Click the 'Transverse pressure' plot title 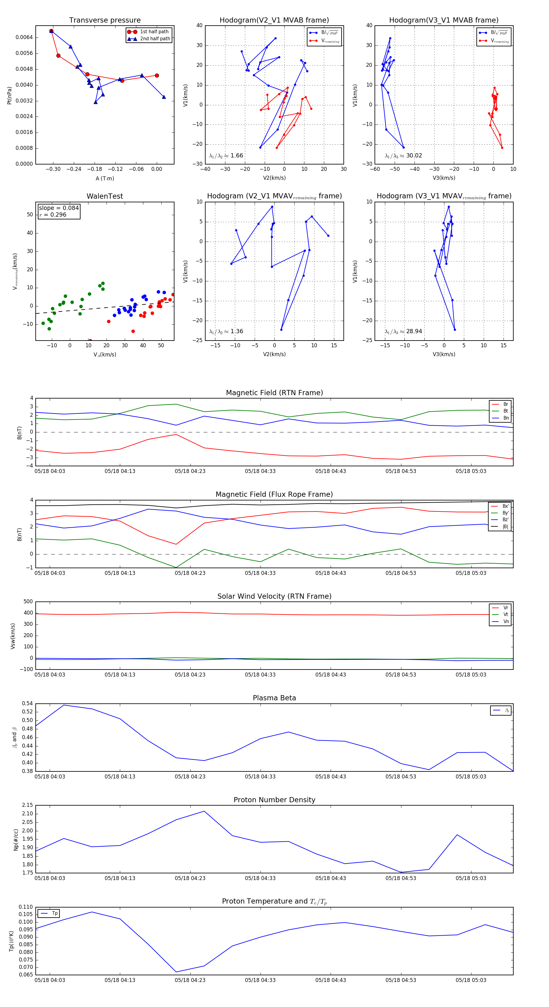coord(105,20)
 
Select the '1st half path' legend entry coord(154,32)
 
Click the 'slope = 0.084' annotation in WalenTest coord(59,208)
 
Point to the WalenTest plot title coord(105,196)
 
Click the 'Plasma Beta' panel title coord(274,698)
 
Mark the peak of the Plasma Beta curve coord(64,705)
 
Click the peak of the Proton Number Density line coord(204,811)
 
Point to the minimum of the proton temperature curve coord(176,972)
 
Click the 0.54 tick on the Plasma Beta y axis coord(27,704)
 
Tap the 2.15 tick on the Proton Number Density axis coord(27,805)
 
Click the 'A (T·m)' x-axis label coord(105,179)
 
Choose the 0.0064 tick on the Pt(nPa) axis coord(24,38)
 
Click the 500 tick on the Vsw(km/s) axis coord(28,602)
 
